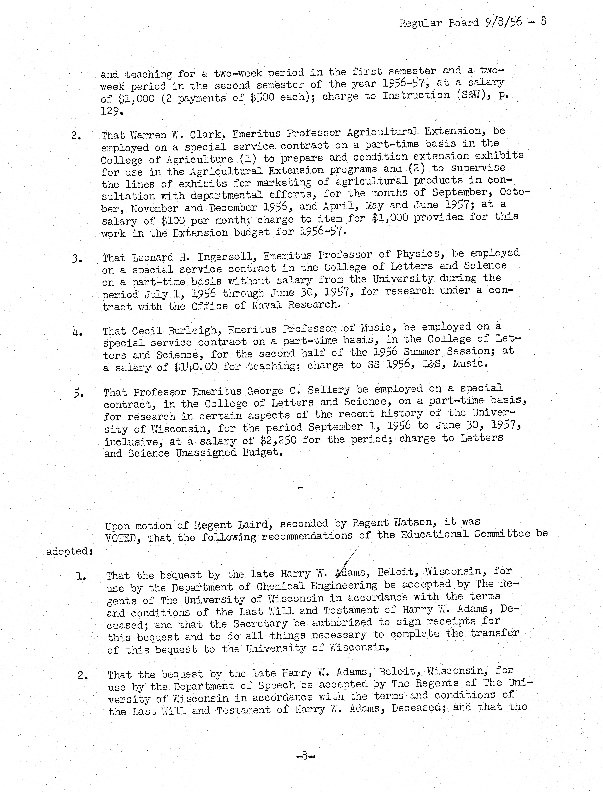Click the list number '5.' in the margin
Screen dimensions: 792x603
[x=79, y=394]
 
